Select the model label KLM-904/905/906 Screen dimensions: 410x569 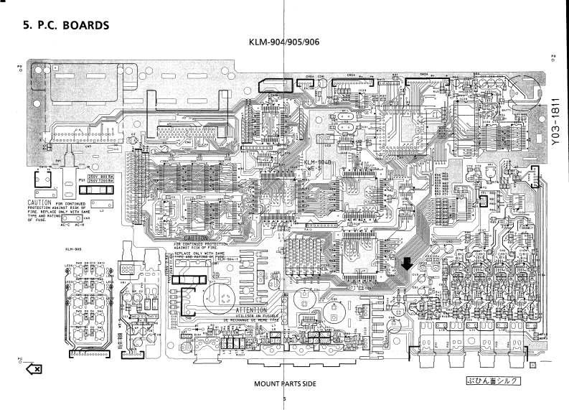coord(284,42)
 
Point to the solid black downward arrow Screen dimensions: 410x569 coord(407,266)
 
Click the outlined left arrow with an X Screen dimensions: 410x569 coord(33,368)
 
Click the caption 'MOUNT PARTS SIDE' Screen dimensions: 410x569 coord(285,383)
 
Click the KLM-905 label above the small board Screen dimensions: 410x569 coord(72,250)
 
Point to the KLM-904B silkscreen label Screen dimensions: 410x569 coord(316,162)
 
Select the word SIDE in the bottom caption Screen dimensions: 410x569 coord(307,383)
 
